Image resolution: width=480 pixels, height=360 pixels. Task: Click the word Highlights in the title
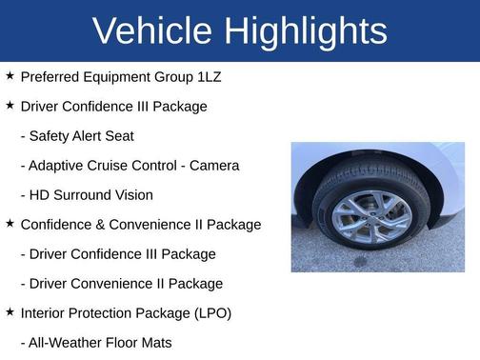304,30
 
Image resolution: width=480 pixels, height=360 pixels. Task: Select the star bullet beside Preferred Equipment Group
10,75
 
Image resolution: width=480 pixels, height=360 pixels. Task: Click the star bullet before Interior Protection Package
10,311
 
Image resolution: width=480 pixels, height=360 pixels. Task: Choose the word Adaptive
59,165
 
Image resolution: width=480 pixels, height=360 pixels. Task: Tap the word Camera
214,165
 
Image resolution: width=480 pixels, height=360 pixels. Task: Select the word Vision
131,194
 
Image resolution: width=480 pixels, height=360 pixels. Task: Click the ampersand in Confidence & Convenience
97,224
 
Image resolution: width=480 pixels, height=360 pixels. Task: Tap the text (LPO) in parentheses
210,312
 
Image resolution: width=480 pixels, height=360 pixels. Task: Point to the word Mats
156,342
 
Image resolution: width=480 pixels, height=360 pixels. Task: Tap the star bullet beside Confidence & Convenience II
10,223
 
